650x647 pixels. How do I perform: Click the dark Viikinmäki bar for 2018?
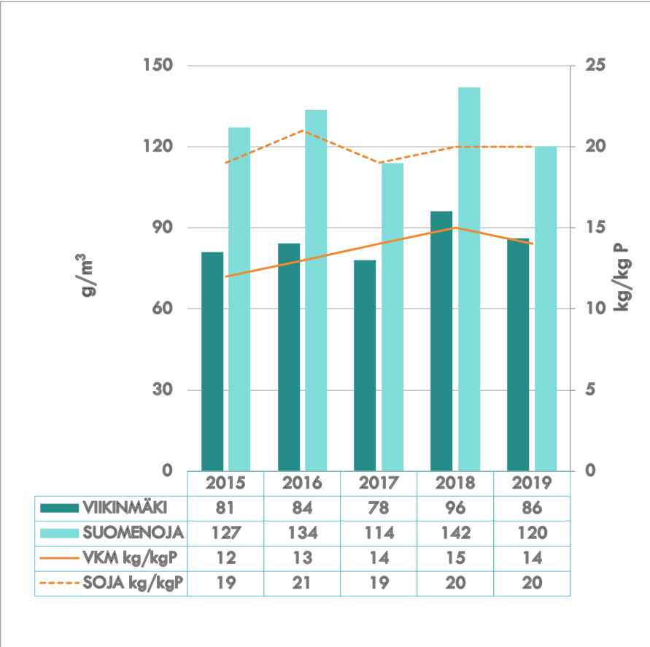pyautogui.click(x=441, y=341)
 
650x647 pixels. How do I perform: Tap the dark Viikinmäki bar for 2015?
pyautogui.click(x=212, y=361)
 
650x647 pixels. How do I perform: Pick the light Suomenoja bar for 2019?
pyautogui.click(x=546, y=308)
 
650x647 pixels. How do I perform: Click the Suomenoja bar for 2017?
pyautogui.click(x=392, y=317)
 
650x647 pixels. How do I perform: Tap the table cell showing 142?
pyautogui.click(x=455, y=533)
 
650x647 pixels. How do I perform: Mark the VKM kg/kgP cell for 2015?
pyautogui.click(x=225, y=558)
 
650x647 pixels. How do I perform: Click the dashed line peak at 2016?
pyautogui.click(x=303, y=131)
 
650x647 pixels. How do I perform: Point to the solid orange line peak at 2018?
pyautogui.click(x=455, y=228)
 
